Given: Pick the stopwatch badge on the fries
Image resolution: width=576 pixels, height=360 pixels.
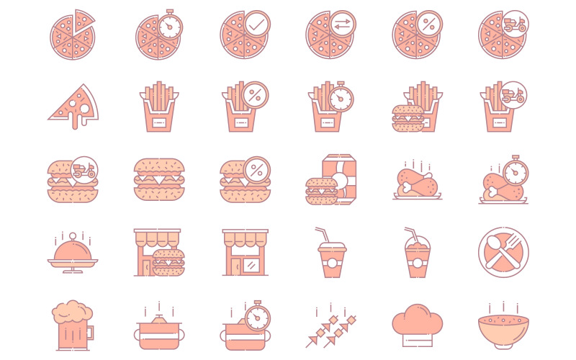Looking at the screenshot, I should tap(341, 98).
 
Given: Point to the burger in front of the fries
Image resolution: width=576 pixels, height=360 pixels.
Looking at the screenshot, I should tap(408, 119).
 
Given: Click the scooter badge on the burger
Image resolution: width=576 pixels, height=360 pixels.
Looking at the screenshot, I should tap(84, 170).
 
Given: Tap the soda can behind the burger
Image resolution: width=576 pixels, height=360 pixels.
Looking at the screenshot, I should tap(338, 178).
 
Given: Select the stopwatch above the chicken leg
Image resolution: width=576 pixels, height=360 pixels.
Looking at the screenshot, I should tap(514, 171).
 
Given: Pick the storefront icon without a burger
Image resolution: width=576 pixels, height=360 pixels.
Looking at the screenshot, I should tap(245, 253).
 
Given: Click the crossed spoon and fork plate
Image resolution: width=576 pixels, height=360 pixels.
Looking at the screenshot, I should tap(503, 252).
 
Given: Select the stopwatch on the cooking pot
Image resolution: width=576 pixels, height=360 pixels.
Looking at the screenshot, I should tap(256, 315).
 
